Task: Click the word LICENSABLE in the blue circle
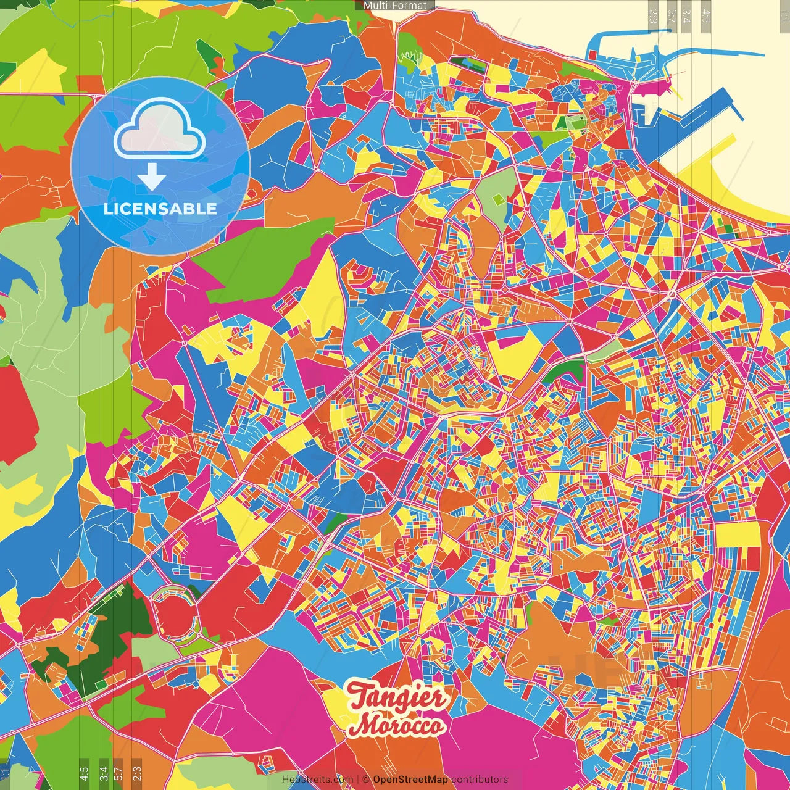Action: coord(160,209)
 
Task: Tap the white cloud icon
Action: coord(159,128)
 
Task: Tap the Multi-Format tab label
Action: coord(395,6)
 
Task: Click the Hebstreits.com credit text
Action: coord(317,780)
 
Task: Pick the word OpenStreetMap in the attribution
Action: coord(410,780)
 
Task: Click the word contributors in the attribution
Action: coord(480,780)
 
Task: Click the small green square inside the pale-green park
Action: coord(499,200)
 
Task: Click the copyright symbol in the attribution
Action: coord(366,780)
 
